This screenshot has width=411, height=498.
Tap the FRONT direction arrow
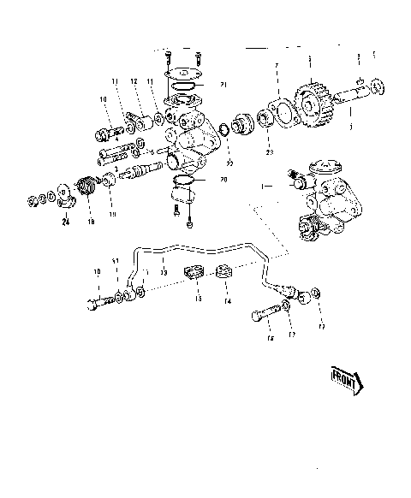coord(347,378)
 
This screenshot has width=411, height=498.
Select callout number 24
coord(65,225)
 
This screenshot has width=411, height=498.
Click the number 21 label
coord(223,85)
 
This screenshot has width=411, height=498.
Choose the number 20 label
coord(224,180)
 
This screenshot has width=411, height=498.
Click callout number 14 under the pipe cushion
coord(229,301)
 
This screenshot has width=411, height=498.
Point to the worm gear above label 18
coord(86,187)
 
